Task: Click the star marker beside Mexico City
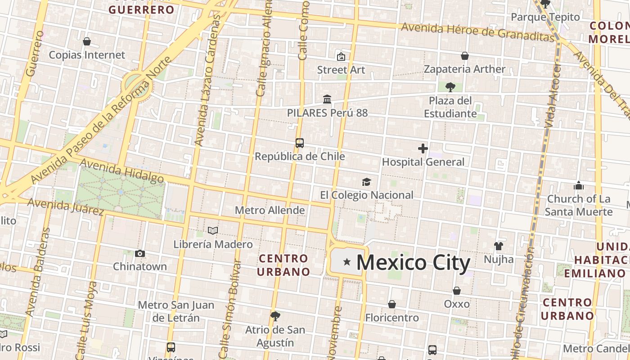(x=346, y=262)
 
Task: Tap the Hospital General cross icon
(x=423, y=148)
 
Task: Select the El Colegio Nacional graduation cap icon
(x=367, y=182)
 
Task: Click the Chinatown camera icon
(x=140, y=253)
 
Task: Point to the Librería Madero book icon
(x=213, y=231)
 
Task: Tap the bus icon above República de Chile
(x=300, y=143)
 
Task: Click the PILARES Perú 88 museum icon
(x=327, y=99)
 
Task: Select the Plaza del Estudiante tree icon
(x=450, y=87)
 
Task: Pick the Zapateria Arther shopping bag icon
(x=465, y=56)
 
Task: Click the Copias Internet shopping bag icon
(x=87, y=41)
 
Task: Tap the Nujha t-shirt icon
(x=498, y=246)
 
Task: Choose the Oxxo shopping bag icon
(x=457, y=291)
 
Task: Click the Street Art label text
(x=341, y=70)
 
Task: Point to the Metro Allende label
(x=270, y=210)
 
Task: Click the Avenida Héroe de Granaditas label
(x=477, y=31)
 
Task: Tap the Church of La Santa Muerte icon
(x=579, y=185)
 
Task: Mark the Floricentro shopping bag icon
(x=392, y=304)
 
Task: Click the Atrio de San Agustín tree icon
(x=275, y=316)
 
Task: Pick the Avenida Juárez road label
(x=66, y=206)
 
